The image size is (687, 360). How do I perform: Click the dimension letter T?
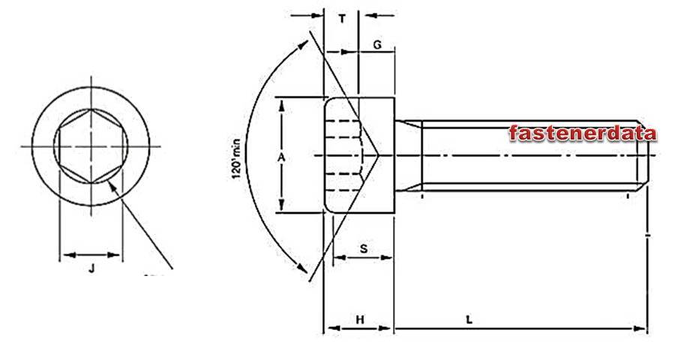(342, 19)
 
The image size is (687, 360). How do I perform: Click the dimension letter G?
(377, 45)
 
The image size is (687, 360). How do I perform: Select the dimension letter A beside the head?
(281, 157)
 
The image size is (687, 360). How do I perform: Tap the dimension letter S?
(364, 249)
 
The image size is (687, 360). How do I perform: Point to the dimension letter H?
(360, 319)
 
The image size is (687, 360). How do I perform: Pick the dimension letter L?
(469, 319)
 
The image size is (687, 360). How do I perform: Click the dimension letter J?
(91, 268)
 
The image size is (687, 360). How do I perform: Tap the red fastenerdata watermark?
(583, 133)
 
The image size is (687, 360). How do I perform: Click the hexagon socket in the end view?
(91, 146)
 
